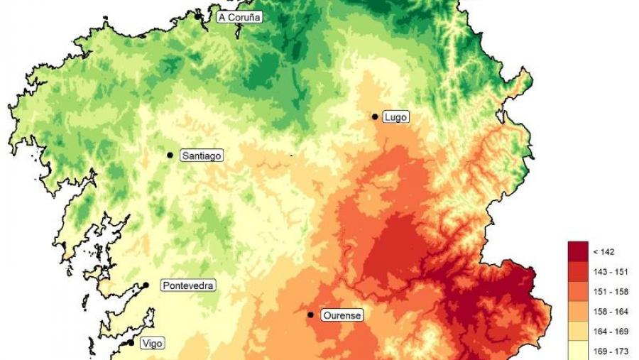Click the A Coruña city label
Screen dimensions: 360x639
click(239, 17)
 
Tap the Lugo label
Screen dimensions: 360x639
click(395, 117)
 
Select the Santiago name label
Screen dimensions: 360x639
click(202, 155)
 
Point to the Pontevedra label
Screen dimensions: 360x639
click(188, 285)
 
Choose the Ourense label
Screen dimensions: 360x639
click(342, 315)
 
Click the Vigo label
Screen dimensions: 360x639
click(152, 344)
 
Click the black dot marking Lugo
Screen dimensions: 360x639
click(374, 116)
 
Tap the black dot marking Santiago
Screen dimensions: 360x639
click(170, 155)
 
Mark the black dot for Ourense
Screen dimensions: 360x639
click(310, 315)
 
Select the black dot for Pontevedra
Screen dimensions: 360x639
click(146, 285)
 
